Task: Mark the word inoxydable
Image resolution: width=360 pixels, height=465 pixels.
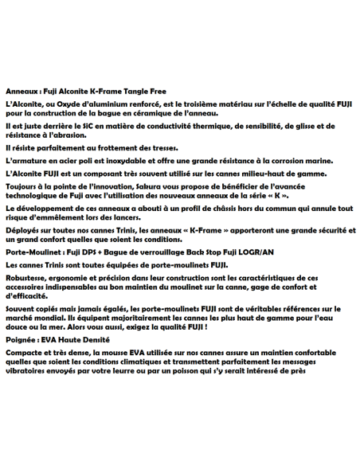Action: (122, 160)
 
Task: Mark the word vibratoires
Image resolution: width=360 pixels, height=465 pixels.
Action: (29, 372)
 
